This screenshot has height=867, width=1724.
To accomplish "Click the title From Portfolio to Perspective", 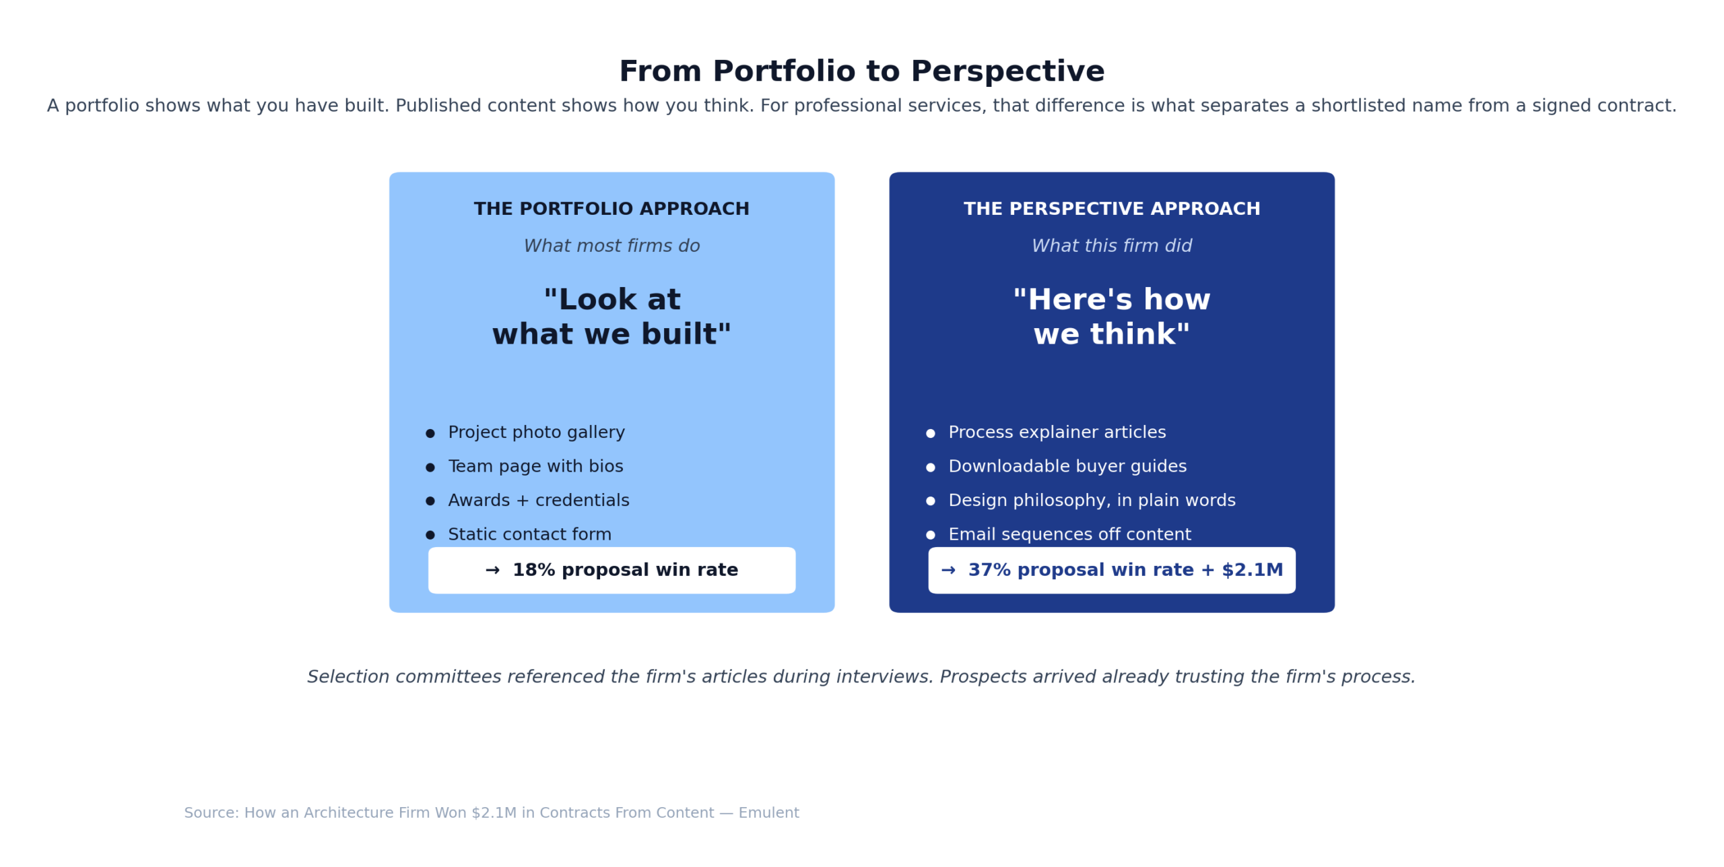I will [x=861, y=71].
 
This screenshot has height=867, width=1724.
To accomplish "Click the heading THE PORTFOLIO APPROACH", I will [x=611, y=209].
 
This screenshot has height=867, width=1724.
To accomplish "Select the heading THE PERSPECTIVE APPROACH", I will [x=1111, y=209].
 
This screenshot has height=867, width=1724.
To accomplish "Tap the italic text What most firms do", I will [x=611, y=246].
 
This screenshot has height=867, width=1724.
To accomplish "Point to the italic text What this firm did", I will [x=1111, y=246].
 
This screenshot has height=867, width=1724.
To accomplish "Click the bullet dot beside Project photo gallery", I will [x=430, y=433].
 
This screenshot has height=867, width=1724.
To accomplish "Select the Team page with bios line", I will [x=535, y=466].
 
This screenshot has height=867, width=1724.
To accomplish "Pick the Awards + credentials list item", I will [x=538, y=501].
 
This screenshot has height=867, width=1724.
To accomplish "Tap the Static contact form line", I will [x=529, y=534].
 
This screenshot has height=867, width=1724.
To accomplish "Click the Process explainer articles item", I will [x=1057, y=432].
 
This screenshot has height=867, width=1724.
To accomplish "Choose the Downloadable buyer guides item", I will [x=1067, y=466].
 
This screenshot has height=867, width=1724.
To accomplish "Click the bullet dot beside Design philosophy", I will [x=930, y=501].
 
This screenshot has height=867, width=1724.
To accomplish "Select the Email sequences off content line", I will [x=1069, y=534].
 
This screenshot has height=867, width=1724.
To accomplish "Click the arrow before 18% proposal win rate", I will [x=492, y=571].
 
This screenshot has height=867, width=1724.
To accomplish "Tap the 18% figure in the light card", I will [x=533, y=570].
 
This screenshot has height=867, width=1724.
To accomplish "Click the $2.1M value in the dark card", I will [x=1252, y=570].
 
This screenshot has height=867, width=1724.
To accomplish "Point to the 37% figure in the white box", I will [x=989, y=570].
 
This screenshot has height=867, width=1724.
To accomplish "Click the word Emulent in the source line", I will [x=768, y=812].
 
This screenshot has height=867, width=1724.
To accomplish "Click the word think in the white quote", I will [x=1138, y=334].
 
